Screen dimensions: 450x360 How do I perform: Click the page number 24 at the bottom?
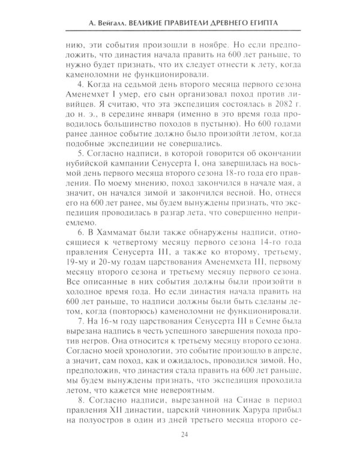coord(180,437)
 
